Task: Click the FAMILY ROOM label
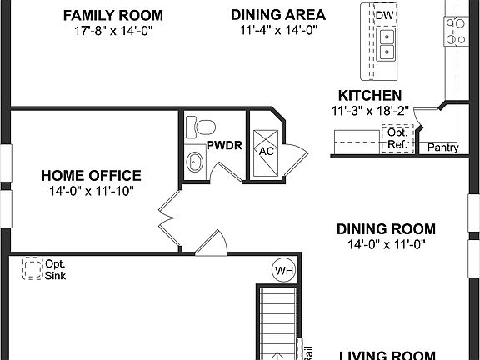124,16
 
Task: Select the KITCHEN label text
370,96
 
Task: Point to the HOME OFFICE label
92,176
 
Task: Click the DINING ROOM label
386,228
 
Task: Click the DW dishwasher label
383,17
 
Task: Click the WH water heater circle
282,270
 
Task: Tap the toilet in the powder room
197,126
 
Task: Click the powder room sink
195,162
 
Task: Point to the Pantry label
442,148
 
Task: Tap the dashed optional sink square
33,268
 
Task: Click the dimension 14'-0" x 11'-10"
92,191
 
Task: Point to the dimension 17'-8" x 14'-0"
124,31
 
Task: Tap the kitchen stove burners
457,32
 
